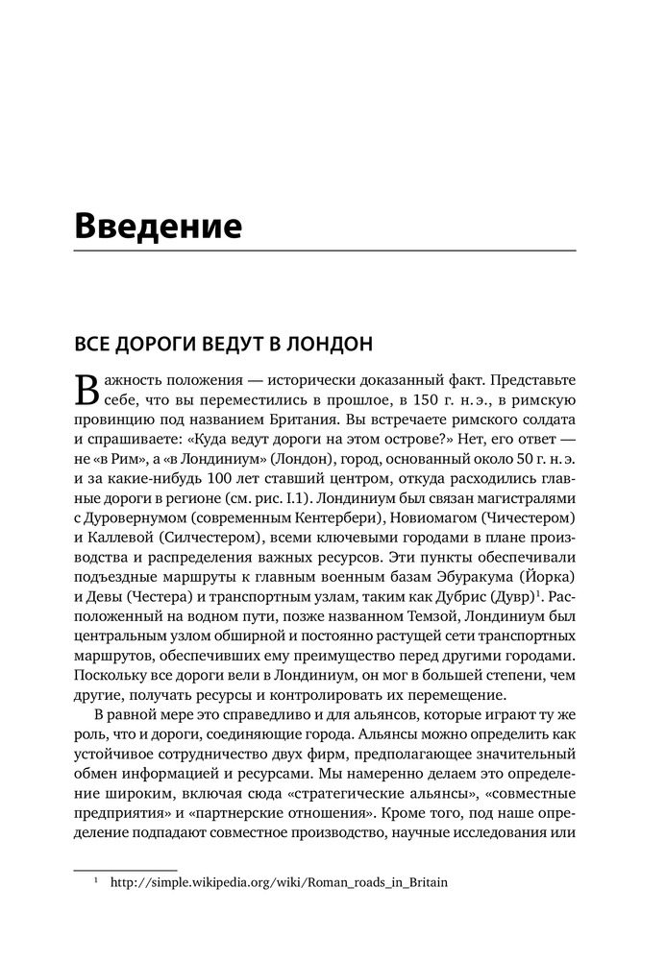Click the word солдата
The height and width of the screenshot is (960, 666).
[x=543, y=421]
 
